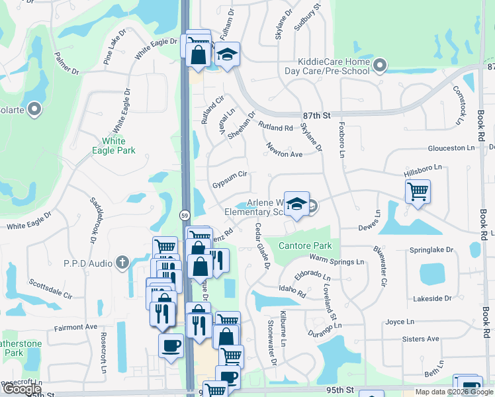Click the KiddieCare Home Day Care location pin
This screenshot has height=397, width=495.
(379, 66)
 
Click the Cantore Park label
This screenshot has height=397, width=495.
(304, 246)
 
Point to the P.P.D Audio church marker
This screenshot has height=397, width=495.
(122, 263)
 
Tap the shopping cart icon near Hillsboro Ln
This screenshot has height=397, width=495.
(418, 192)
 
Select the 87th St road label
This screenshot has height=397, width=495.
(316, 115)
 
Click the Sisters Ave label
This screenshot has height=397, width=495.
(420, 339)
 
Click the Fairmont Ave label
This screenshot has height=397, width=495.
(75, 327)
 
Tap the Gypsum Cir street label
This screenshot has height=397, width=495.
(229, 174)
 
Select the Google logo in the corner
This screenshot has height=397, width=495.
(22, 389)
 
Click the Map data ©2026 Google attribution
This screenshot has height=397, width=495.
(454, 392)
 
